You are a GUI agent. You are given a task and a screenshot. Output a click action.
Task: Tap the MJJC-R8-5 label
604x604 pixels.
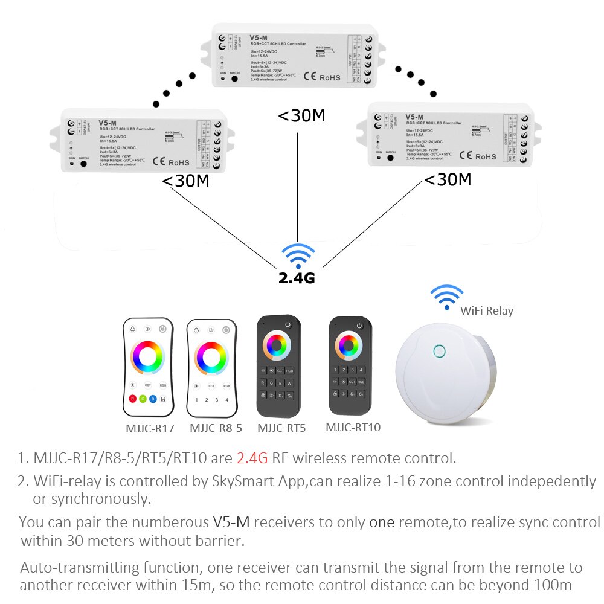tap(216, 428)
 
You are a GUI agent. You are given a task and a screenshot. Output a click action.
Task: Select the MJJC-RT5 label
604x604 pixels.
tap(281, 428)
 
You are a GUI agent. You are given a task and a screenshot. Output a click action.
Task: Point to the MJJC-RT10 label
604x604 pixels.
tap(353, 428)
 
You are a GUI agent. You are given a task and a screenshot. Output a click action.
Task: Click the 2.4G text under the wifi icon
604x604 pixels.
tap(296, 278)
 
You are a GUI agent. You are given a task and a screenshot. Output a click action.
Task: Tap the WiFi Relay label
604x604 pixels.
tap(487, 311)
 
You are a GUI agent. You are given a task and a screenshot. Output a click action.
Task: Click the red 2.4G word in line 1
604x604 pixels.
tap(252, 458)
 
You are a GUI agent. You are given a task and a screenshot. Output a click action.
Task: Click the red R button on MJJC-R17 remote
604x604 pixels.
tap(133, 399)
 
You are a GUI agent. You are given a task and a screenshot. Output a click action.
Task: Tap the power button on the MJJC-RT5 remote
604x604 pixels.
tap(287, 325)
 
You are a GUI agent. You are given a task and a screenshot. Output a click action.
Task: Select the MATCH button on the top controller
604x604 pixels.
tap(234, 79)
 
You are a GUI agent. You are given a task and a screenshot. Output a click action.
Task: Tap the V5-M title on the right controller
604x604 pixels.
tap(414, 117)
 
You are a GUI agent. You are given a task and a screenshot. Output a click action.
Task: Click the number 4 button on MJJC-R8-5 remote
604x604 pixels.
tap(226, 399)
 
